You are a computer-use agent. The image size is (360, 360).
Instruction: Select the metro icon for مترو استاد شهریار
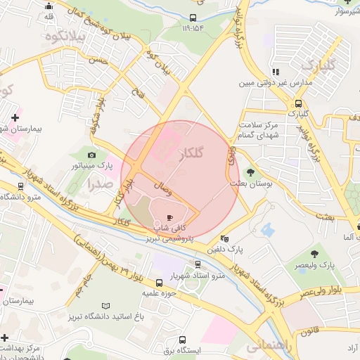(x=198, y=264)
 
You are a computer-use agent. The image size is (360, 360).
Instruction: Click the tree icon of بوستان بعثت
(x=250, y=172)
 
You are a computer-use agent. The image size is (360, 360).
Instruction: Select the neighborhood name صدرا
(x=101, y=184)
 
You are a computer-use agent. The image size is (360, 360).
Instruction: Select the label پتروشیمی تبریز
(x=169, y=239)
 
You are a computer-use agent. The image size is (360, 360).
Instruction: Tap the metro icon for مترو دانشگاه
(x=20, y=187)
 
